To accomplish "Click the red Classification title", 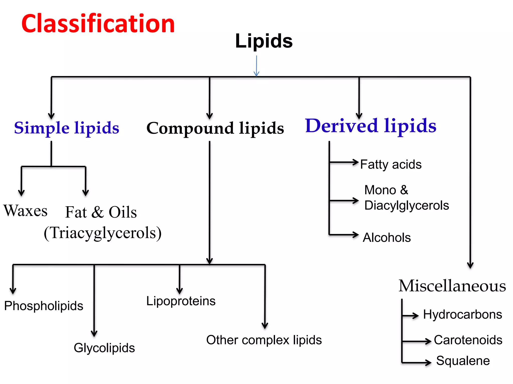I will [x=98, y=23].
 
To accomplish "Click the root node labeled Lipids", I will [x=264, y=41].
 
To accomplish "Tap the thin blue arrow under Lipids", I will [x=256, y=66].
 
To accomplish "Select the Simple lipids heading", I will [x=67, y=128].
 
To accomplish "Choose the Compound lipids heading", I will [x=215, y=128].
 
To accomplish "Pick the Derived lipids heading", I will [x=370, y=126].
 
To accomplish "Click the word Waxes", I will [x=25, y=210].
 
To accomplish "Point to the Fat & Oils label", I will [x=101, y=212].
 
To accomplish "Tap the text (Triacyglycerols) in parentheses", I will [x=103, y=233].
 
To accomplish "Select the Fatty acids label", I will [x=391, y=164].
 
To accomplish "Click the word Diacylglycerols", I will [x=406, y=205].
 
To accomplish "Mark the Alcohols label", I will [x=387, y=237].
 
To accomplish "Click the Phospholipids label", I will [x=44, y=306].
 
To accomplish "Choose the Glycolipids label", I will [x=104, y=348].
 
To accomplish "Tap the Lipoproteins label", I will [x=181, y=301].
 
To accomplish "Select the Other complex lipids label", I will [x=264, y=340].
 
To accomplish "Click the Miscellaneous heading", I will [x=452, y=286].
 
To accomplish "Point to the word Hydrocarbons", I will [x=462, y=314].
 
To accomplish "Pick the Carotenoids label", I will [x=468, y=340].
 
